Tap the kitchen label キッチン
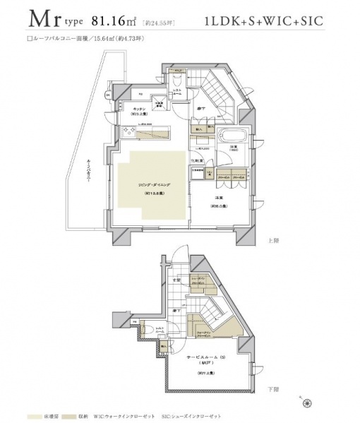coord(139,109)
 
